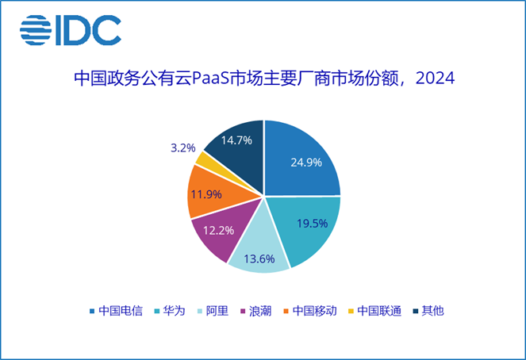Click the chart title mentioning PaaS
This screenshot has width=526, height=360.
263,79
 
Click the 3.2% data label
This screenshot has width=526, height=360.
183,147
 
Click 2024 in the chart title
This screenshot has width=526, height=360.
435,79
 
